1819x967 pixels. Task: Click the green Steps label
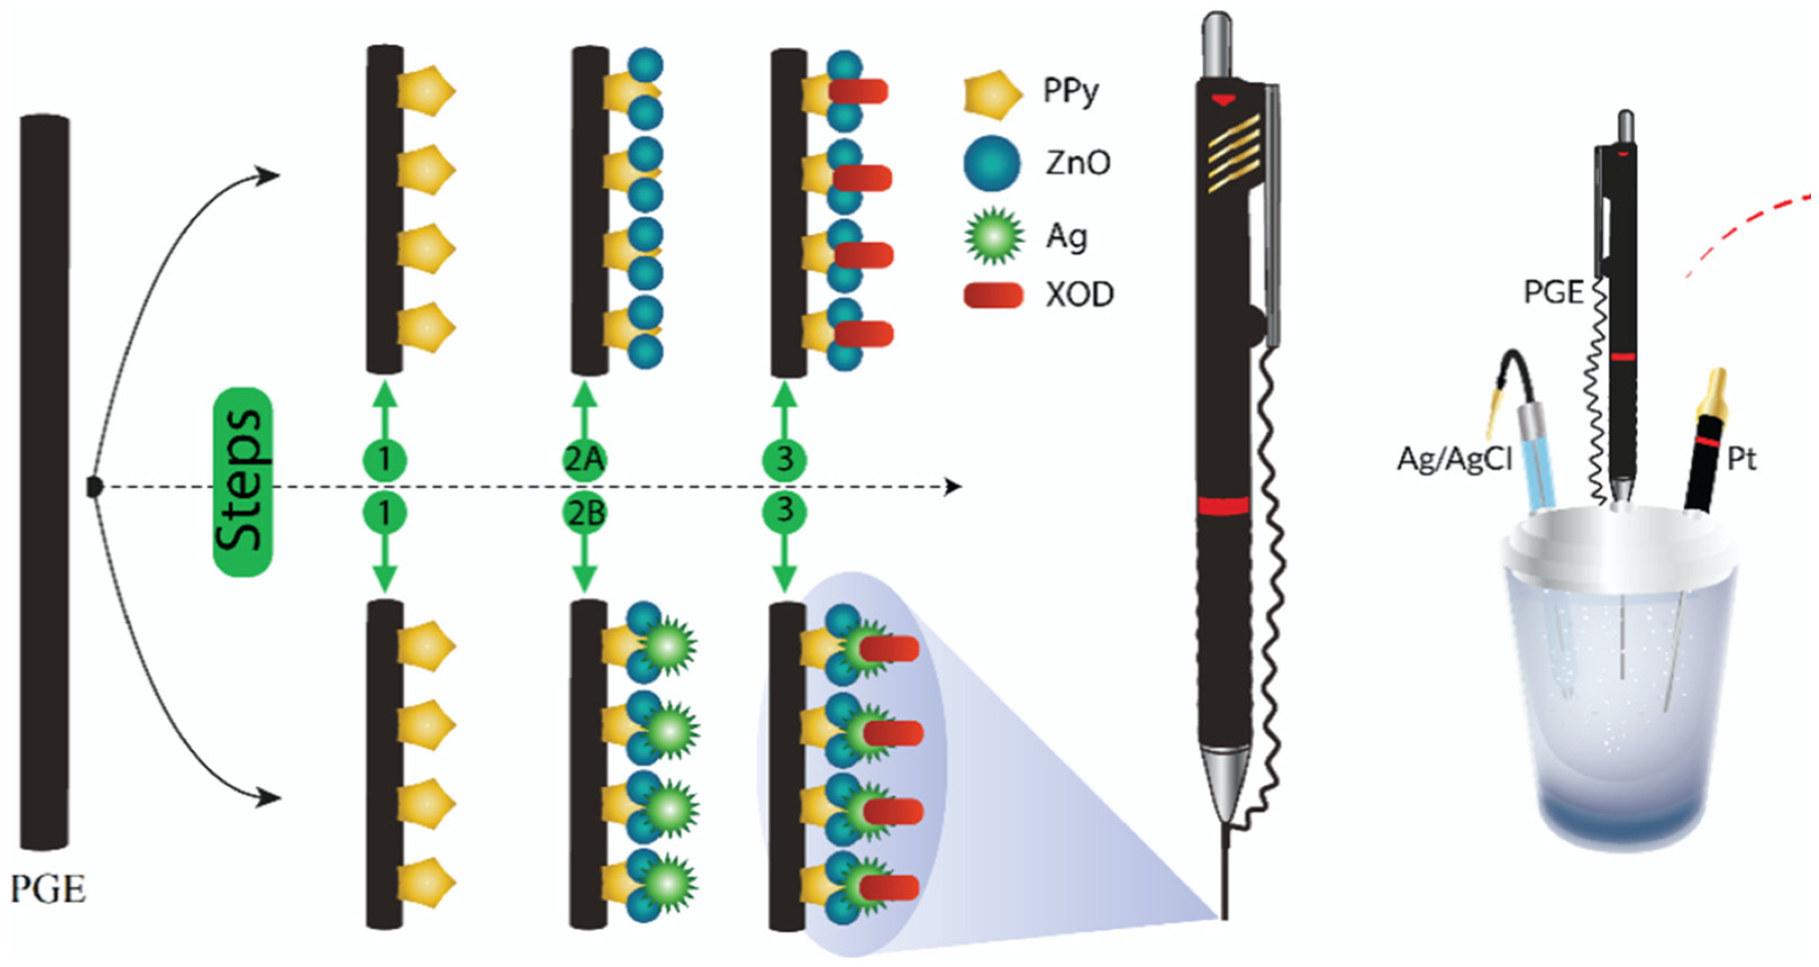242,483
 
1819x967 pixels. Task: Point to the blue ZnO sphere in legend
992,163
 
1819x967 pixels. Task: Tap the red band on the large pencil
1223,506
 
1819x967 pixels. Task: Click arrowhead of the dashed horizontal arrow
953,487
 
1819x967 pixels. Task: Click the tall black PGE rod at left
44,480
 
